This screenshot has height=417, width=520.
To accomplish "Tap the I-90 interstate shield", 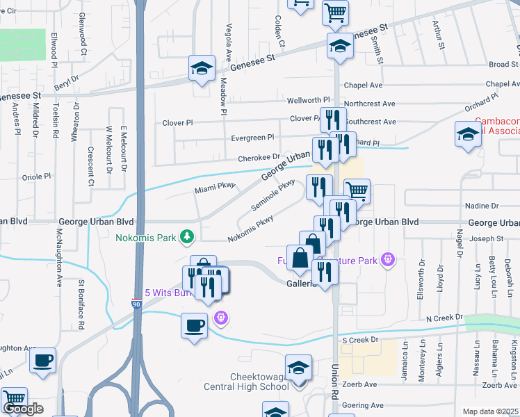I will click(136, 304).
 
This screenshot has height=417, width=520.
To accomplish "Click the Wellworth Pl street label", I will click(308, 100).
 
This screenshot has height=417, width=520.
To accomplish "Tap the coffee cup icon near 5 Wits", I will click(194, 324).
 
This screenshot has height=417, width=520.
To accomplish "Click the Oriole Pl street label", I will click(38, 177).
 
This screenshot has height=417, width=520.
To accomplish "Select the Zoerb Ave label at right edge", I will click(501, 384).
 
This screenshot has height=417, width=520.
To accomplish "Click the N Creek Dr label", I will click(444, 318).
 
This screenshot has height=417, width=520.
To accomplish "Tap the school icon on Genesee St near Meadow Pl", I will click(202, 68).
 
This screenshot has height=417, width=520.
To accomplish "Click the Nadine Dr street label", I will click(485, 206).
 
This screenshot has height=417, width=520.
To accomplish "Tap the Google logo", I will click(23, 409).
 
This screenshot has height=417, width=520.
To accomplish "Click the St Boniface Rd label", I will click(81, 304).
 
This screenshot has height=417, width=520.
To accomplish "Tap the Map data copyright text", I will click(491, 411).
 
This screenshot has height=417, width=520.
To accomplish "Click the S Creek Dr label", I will click(359, 340).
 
